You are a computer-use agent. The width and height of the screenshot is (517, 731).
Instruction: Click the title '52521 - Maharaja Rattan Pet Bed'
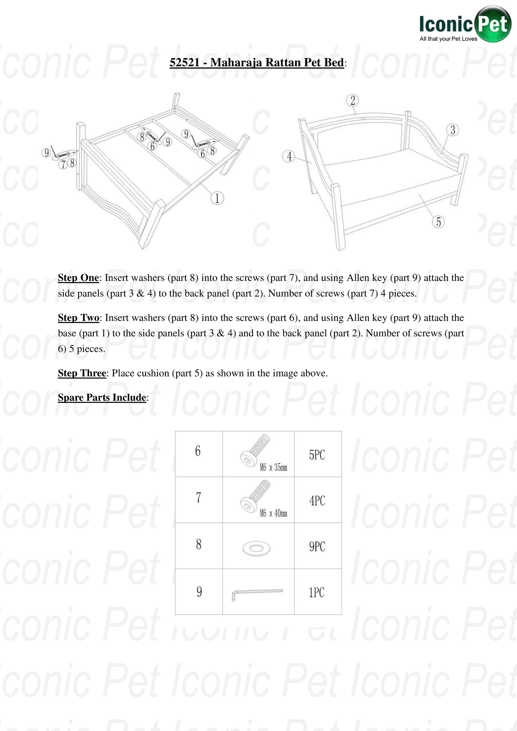(257, 63)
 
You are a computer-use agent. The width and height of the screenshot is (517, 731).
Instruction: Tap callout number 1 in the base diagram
(217, 198)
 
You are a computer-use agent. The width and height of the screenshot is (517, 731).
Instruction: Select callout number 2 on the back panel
(352, 101)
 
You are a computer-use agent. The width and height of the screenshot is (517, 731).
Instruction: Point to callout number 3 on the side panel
(453, 130)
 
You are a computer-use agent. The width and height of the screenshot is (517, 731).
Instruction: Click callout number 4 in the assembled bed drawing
(289, 156)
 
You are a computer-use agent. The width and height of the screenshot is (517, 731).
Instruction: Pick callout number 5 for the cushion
(438, 222)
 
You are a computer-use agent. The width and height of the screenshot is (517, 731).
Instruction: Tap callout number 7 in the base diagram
(63, 164)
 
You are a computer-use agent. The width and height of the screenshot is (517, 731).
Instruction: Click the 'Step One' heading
(78, 278)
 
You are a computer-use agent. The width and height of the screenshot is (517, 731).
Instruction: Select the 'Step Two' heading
(78, 318)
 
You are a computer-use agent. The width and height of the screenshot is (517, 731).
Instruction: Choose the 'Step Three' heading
(82, 373)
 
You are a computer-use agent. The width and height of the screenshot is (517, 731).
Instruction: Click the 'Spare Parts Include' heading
(102, 398)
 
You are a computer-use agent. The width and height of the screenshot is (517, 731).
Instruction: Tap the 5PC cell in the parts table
(317, 455)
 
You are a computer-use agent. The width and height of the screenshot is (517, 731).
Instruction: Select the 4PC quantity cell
(317, 501)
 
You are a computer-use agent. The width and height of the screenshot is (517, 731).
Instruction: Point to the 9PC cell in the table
(317, 546)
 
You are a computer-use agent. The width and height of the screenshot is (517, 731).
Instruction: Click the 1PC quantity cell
(317, 593)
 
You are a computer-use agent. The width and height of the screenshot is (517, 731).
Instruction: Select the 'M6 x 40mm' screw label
(273, 513)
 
